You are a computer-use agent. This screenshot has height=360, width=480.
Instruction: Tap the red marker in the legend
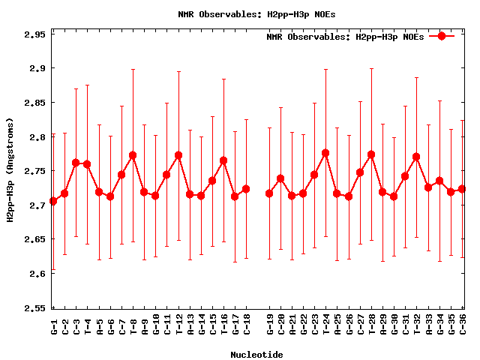coord(442,36)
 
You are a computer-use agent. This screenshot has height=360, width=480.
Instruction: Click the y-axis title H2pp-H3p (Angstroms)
coord(10,171)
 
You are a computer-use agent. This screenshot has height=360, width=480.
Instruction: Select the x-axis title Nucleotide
coord(256,355)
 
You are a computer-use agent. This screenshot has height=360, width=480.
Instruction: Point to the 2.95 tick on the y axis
coord(32,34)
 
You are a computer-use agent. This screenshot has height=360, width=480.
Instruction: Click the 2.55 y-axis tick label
coord(32,307)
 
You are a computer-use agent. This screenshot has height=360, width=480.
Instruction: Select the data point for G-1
coord(53,202)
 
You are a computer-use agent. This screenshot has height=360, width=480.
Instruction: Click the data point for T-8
coord(133,155)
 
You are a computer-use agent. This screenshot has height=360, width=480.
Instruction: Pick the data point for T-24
coord(325,153)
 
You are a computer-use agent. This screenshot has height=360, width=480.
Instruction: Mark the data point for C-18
coord(246,189)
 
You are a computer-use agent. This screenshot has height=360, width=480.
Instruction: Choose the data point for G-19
coord(269,193)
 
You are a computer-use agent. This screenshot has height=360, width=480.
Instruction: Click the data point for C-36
coord(462,189)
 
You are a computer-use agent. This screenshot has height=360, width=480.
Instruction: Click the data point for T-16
coord(223,160)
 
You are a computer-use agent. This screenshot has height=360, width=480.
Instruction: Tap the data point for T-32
coord(416,157)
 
